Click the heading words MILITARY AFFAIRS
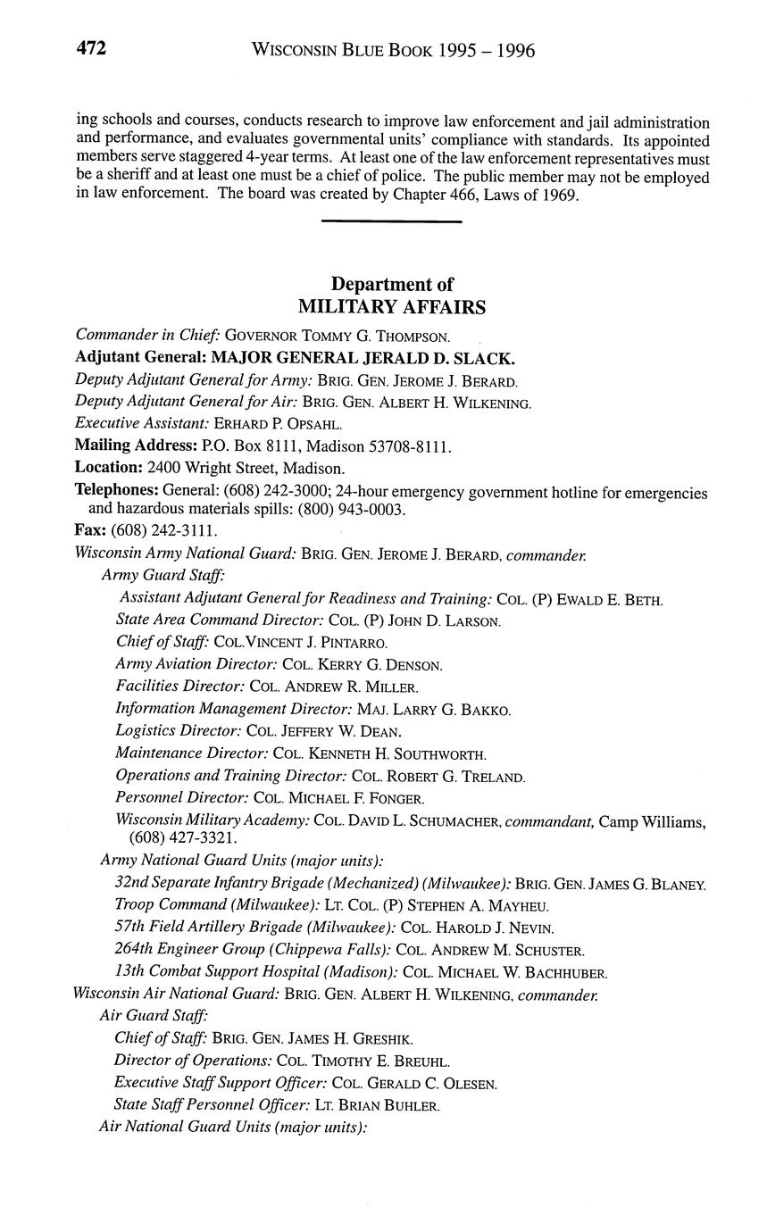point(392,307)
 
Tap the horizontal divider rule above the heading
point(391,221)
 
